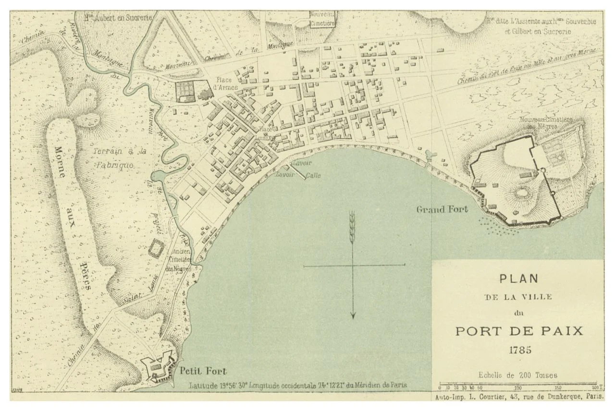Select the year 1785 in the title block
pos(517,349)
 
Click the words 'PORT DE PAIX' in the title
pos(518,331)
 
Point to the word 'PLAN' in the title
pos(518,278)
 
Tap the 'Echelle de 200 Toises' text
pos(517,375)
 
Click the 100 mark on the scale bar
pos(518,387)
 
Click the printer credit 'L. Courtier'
pos(486,397)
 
